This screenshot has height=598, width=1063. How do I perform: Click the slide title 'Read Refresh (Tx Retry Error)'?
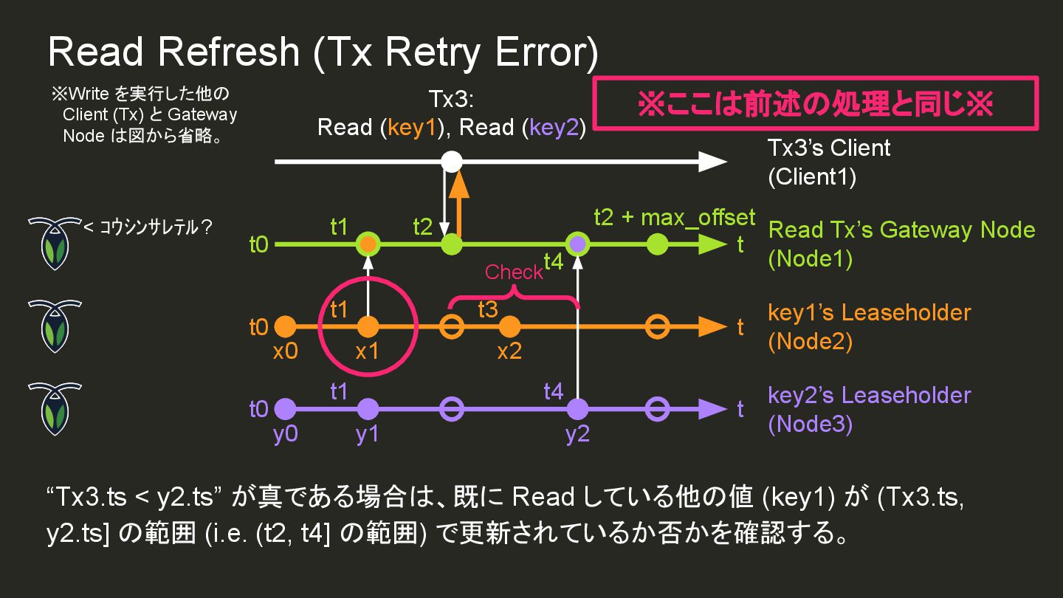(x=323, y=53)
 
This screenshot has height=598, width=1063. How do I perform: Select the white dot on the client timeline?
(x=452, y=161)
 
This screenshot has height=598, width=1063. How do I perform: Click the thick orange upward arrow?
(x=459, y=203)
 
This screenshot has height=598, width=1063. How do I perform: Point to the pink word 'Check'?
(x=513, y=272)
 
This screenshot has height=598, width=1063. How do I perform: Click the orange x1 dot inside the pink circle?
(x=367, y=326)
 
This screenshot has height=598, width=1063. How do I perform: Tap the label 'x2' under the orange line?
(x=509, y=351)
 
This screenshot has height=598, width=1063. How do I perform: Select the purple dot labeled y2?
(x=577, y=408)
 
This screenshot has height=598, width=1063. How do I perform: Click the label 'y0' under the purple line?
(x=285, y=434)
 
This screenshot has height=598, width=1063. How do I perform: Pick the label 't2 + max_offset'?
(x=675, y=217)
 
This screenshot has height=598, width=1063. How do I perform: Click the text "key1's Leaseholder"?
(x=869, y=312)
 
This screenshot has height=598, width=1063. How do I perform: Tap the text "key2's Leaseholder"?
(x=869, y=395)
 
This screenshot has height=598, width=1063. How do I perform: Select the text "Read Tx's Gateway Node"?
(x=901, y=230)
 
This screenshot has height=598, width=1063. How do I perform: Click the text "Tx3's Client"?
(x=829, y=148)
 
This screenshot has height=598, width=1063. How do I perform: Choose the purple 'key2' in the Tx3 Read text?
(x=554, y=128)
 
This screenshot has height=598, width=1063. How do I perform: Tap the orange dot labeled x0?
(x=285, y=326)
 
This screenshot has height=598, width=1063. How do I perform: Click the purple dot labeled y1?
(x=367, y=408)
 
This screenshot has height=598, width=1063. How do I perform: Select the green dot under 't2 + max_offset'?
(x=657, y=244)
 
